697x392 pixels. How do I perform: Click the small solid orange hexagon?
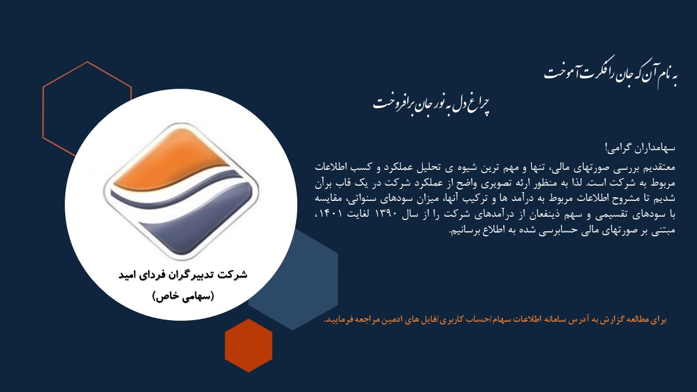tap(248, 345)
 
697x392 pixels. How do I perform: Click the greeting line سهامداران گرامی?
tap(640, 148)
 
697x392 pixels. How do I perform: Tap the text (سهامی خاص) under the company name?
tap(183, 296)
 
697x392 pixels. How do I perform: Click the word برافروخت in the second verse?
tap(393, 103)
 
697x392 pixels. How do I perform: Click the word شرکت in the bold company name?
tap(232, 275)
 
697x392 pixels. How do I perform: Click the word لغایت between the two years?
tap(358, 215)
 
